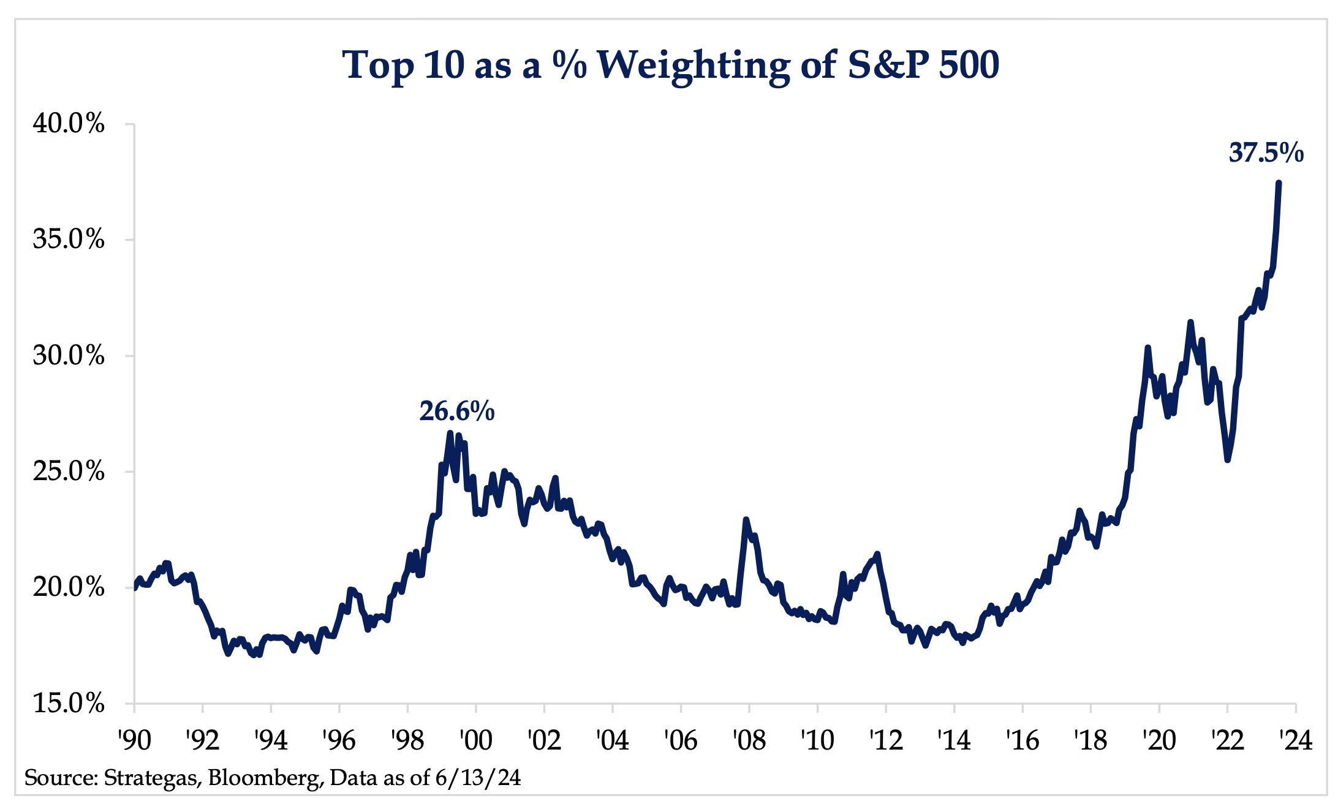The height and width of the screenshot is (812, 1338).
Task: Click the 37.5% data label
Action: [x=1266, y=153]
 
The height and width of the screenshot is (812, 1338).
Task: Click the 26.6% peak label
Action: [x=456, y=412]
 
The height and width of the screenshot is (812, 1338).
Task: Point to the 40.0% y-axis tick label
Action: [x=69, y=124]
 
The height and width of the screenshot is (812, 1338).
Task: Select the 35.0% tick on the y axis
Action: [x=69, y=240]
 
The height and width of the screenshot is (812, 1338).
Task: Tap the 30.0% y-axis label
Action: [x=69, y=356]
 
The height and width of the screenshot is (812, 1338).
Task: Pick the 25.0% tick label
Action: [x=69, y=472]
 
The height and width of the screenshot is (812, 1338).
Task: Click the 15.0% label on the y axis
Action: [x=69, y=704]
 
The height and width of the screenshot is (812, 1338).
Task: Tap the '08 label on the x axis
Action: [x=749, y=741]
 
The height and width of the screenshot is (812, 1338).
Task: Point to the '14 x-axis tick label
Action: [x=954, y=741]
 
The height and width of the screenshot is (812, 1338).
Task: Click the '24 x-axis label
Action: [x=1295, y=741]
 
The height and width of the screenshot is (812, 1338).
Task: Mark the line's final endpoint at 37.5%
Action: [x=1279, y=182]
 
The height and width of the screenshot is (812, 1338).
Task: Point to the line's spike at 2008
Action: [x=746, y=520]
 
